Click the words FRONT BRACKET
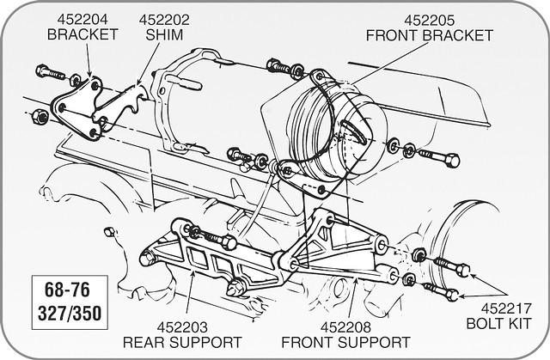click(x=430, y=35)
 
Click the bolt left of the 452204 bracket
click(x=46, y=71)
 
